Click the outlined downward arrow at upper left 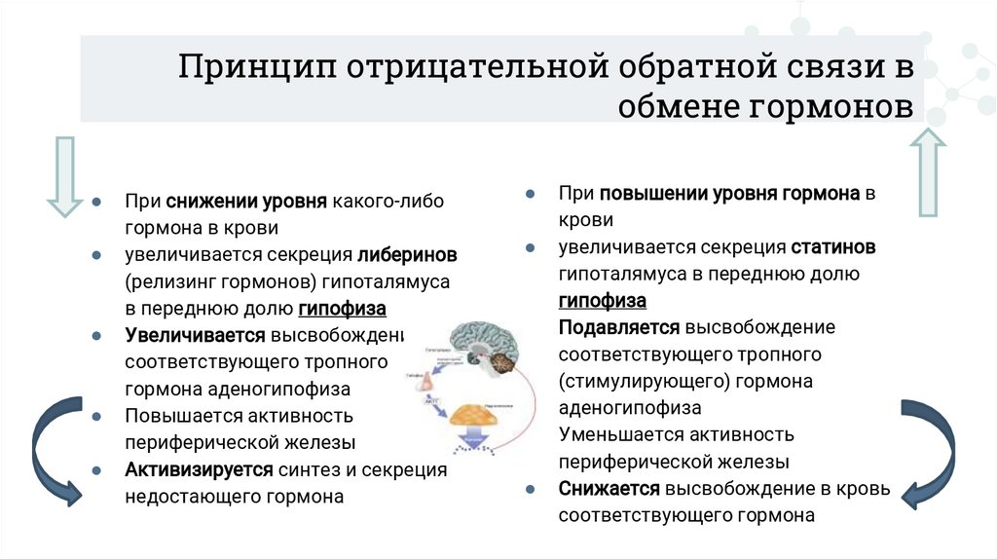click(64, 176)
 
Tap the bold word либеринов click(407, 255)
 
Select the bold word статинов click(833, 247)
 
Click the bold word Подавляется click(620, 327)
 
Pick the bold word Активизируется click(199, 469)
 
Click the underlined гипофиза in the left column click(342, 310)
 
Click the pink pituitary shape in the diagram click(425, 383)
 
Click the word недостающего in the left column click(181, 497)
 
